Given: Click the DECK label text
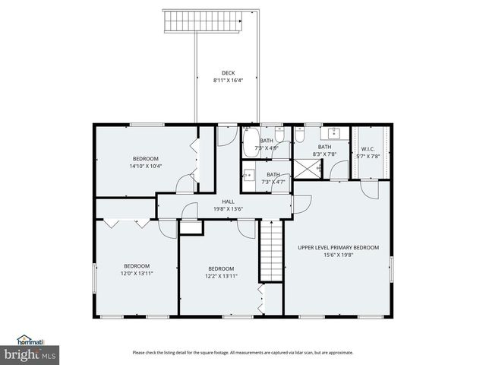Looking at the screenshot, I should pyautogui.click(x=228, y=73).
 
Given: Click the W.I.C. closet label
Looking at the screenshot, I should pyautogui.click(x=368, y=149).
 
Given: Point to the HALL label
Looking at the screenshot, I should pyautogui.click(x=228, y=202).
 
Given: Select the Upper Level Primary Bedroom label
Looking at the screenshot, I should pyautogui.click(x=338, y=247).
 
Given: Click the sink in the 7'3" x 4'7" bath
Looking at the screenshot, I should pyautogui.click(x=248, y=174).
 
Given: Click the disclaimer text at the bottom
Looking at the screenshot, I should pyautogui.click(x=243, y=352).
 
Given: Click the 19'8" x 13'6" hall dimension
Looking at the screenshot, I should pyautogui.click(x=228, y=209).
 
